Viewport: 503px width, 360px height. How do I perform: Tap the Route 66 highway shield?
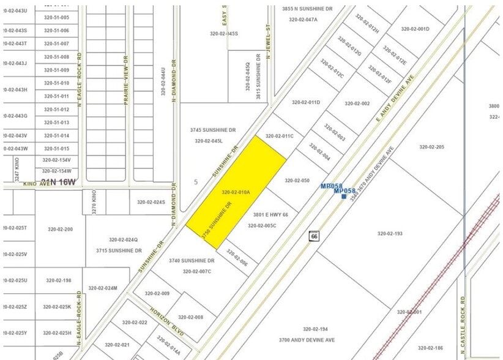coord(315,236)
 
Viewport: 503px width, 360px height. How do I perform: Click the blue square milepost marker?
coord(344,197)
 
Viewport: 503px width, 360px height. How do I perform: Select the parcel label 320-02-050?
coord(297,181)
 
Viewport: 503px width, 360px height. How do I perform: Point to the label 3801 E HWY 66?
coord(270,215)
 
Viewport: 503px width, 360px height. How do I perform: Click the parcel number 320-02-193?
coord(390,233)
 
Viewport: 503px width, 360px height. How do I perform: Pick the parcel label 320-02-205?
coord(431,147)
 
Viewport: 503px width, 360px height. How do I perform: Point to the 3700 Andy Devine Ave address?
coord(307,340)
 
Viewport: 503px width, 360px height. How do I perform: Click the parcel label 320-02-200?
coord(60,230)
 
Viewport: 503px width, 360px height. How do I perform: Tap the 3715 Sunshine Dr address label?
coord(119,250)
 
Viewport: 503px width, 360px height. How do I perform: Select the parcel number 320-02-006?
coord(237,257)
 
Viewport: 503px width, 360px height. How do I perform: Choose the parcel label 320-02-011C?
coord(280,136)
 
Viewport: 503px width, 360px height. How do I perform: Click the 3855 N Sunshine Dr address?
coord(307,9)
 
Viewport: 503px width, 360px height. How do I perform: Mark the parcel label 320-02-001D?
coord(415,29)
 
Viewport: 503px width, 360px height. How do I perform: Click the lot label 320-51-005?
coord(56,17)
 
